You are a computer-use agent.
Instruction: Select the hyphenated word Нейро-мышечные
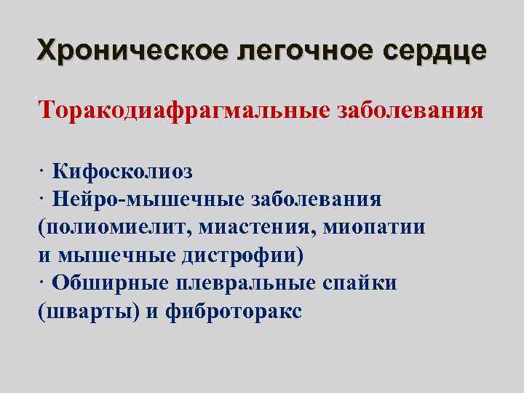(149, 199)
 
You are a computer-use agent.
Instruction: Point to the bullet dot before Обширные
(43, 284)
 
